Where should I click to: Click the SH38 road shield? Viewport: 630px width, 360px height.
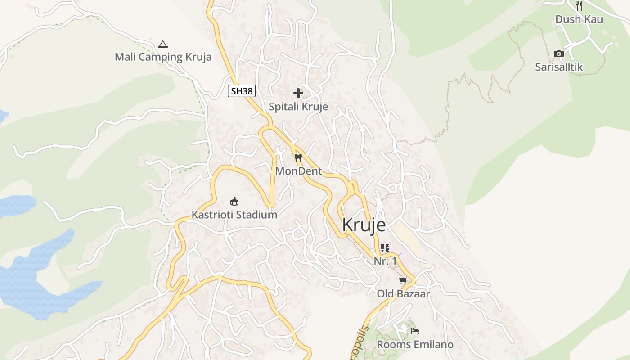(x=242, y=91)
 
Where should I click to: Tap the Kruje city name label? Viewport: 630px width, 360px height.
(x=364, y=225)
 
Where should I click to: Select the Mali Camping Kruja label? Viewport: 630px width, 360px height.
(x=163, y=57)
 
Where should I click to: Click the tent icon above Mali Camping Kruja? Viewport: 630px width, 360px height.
(x=163, y=44)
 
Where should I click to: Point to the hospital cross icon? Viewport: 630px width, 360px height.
(x=298, y=93)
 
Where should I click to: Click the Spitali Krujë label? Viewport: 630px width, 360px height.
(x=298, y=107)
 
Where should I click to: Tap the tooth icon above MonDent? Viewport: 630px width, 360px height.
(x=298, y=158)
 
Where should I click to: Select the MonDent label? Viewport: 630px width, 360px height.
(x=298, y=171)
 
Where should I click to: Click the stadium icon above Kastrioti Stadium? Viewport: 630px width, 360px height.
(x=234, y=201)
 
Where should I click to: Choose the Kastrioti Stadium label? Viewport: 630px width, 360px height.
(x=234, y=215)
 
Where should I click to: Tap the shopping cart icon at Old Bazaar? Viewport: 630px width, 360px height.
(x=403, y=280)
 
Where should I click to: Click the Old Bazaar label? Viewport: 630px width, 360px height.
(x=403, y=294)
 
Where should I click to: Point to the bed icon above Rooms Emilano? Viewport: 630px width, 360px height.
(x=415, y=331)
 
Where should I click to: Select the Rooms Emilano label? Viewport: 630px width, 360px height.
(x=415, y=345)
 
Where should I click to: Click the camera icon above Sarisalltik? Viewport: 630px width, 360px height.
(x=559, y=54)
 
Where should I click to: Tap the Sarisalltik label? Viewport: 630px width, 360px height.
(x=559, y=67)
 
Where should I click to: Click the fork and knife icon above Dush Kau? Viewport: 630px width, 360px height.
(x=579, y=6)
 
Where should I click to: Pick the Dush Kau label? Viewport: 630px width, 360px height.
(x=579, y=19)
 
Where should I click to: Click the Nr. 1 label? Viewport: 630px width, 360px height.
(x=386, y=261)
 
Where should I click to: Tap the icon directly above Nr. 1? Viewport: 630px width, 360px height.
(x=385, y=248)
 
